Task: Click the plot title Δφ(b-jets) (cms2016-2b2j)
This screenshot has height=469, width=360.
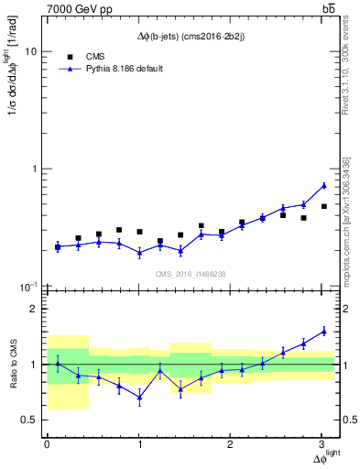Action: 191,36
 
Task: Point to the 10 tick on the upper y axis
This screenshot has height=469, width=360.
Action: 30,52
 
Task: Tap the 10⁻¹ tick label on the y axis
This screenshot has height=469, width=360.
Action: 27,287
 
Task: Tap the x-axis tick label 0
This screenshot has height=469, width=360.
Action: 47,443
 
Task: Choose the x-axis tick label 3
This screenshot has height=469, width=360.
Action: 323,443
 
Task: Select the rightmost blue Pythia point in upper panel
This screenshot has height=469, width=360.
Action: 323,185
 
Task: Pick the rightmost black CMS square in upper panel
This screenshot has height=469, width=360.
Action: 323,206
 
